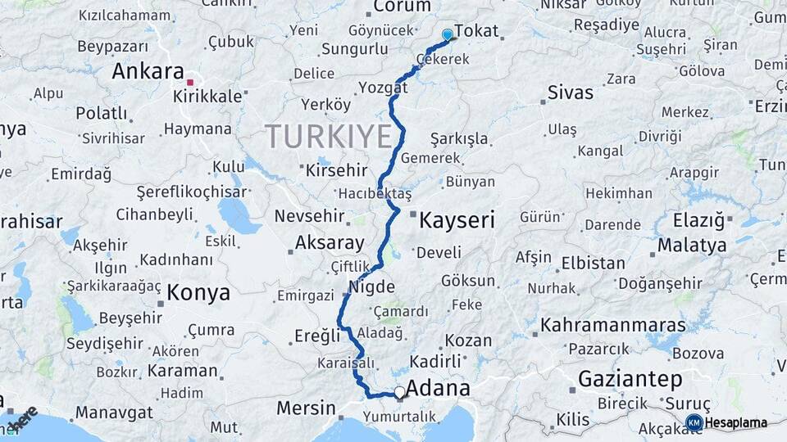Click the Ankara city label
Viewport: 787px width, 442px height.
148,71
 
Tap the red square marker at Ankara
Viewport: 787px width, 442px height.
190,82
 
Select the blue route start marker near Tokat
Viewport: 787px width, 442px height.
447,35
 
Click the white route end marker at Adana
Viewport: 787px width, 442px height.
399,393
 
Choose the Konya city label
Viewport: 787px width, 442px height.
199,292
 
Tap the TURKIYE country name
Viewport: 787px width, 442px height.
329,135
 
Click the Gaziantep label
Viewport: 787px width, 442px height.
630,379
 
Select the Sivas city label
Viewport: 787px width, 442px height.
570,92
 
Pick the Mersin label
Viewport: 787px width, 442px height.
306,408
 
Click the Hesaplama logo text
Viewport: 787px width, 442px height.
735,422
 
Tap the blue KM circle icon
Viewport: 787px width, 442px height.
694,422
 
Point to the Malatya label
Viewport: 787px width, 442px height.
692,245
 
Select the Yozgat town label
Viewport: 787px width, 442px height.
383,87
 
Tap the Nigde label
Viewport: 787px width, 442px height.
372,287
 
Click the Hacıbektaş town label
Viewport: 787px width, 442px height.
374,192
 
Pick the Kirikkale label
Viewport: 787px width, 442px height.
207,96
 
